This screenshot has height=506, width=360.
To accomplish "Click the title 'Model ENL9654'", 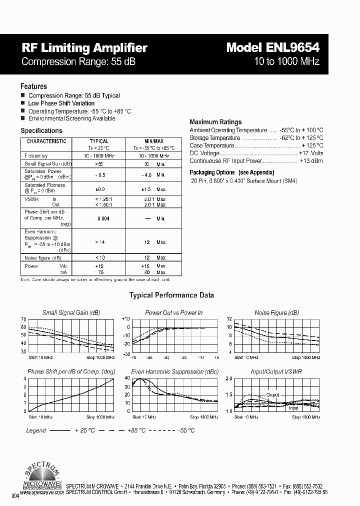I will pos(272,47).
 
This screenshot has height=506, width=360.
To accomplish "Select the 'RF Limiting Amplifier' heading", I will pos(84,48).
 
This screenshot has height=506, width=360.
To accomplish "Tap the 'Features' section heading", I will pos(33,86).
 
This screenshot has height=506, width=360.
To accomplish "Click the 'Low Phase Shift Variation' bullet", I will pos(61,103).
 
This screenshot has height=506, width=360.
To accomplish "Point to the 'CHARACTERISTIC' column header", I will pos(46,141).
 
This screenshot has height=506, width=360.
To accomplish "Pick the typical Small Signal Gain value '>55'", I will pos(98,164).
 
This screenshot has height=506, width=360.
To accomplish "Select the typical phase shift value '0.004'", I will pos(103,218).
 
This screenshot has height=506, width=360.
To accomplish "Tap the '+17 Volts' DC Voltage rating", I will pos(310,153).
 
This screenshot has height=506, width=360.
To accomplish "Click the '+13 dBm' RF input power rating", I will pos(311,161).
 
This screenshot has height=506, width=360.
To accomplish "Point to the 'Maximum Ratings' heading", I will pos(215,121).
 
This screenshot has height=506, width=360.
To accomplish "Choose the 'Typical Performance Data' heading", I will pos(171,295).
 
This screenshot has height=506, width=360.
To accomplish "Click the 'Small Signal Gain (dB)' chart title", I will pos(71,312).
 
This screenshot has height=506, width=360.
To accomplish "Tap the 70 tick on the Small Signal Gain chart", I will pos(23,319).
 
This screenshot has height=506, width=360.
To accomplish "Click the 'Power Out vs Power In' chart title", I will pos(173,312).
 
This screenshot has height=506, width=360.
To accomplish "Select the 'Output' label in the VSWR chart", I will pos(272,394).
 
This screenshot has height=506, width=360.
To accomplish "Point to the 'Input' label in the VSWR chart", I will pos(293,408).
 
